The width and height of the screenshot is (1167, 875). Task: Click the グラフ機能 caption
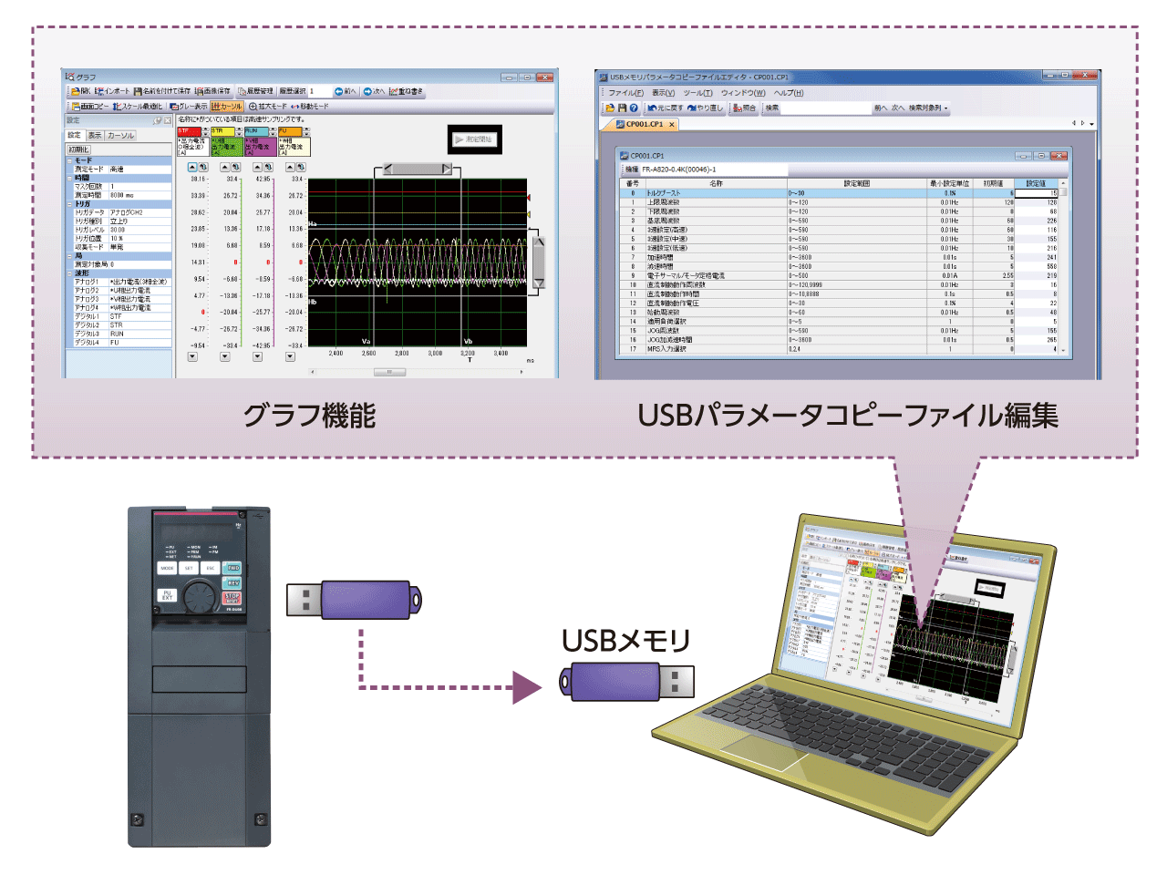309,416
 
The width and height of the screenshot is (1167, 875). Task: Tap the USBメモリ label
625,641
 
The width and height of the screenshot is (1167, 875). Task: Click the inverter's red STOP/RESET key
232,598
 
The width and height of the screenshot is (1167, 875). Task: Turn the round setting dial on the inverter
199,597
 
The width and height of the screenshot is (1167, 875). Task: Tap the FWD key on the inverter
232,568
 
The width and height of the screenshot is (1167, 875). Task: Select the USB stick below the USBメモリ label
626,682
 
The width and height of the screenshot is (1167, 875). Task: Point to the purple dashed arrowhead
526,687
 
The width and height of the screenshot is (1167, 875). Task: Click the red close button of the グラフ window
545,77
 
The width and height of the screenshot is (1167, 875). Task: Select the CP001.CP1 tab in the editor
645,124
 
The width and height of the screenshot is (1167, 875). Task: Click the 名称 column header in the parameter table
716,183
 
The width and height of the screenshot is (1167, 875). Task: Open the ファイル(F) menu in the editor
625,93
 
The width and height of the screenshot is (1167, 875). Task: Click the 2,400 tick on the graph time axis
336,353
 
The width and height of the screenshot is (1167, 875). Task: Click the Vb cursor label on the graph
468,341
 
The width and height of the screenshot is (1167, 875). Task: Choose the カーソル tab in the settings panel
121,135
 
